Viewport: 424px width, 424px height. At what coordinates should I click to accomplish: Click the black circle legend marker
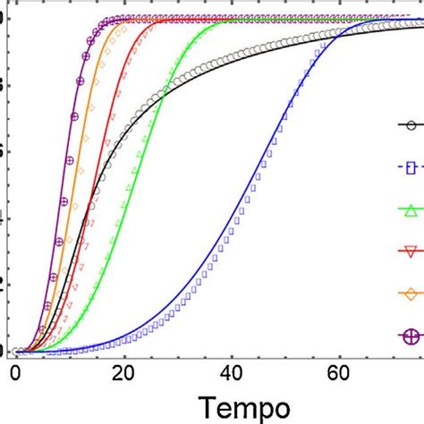coord(411,125)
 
